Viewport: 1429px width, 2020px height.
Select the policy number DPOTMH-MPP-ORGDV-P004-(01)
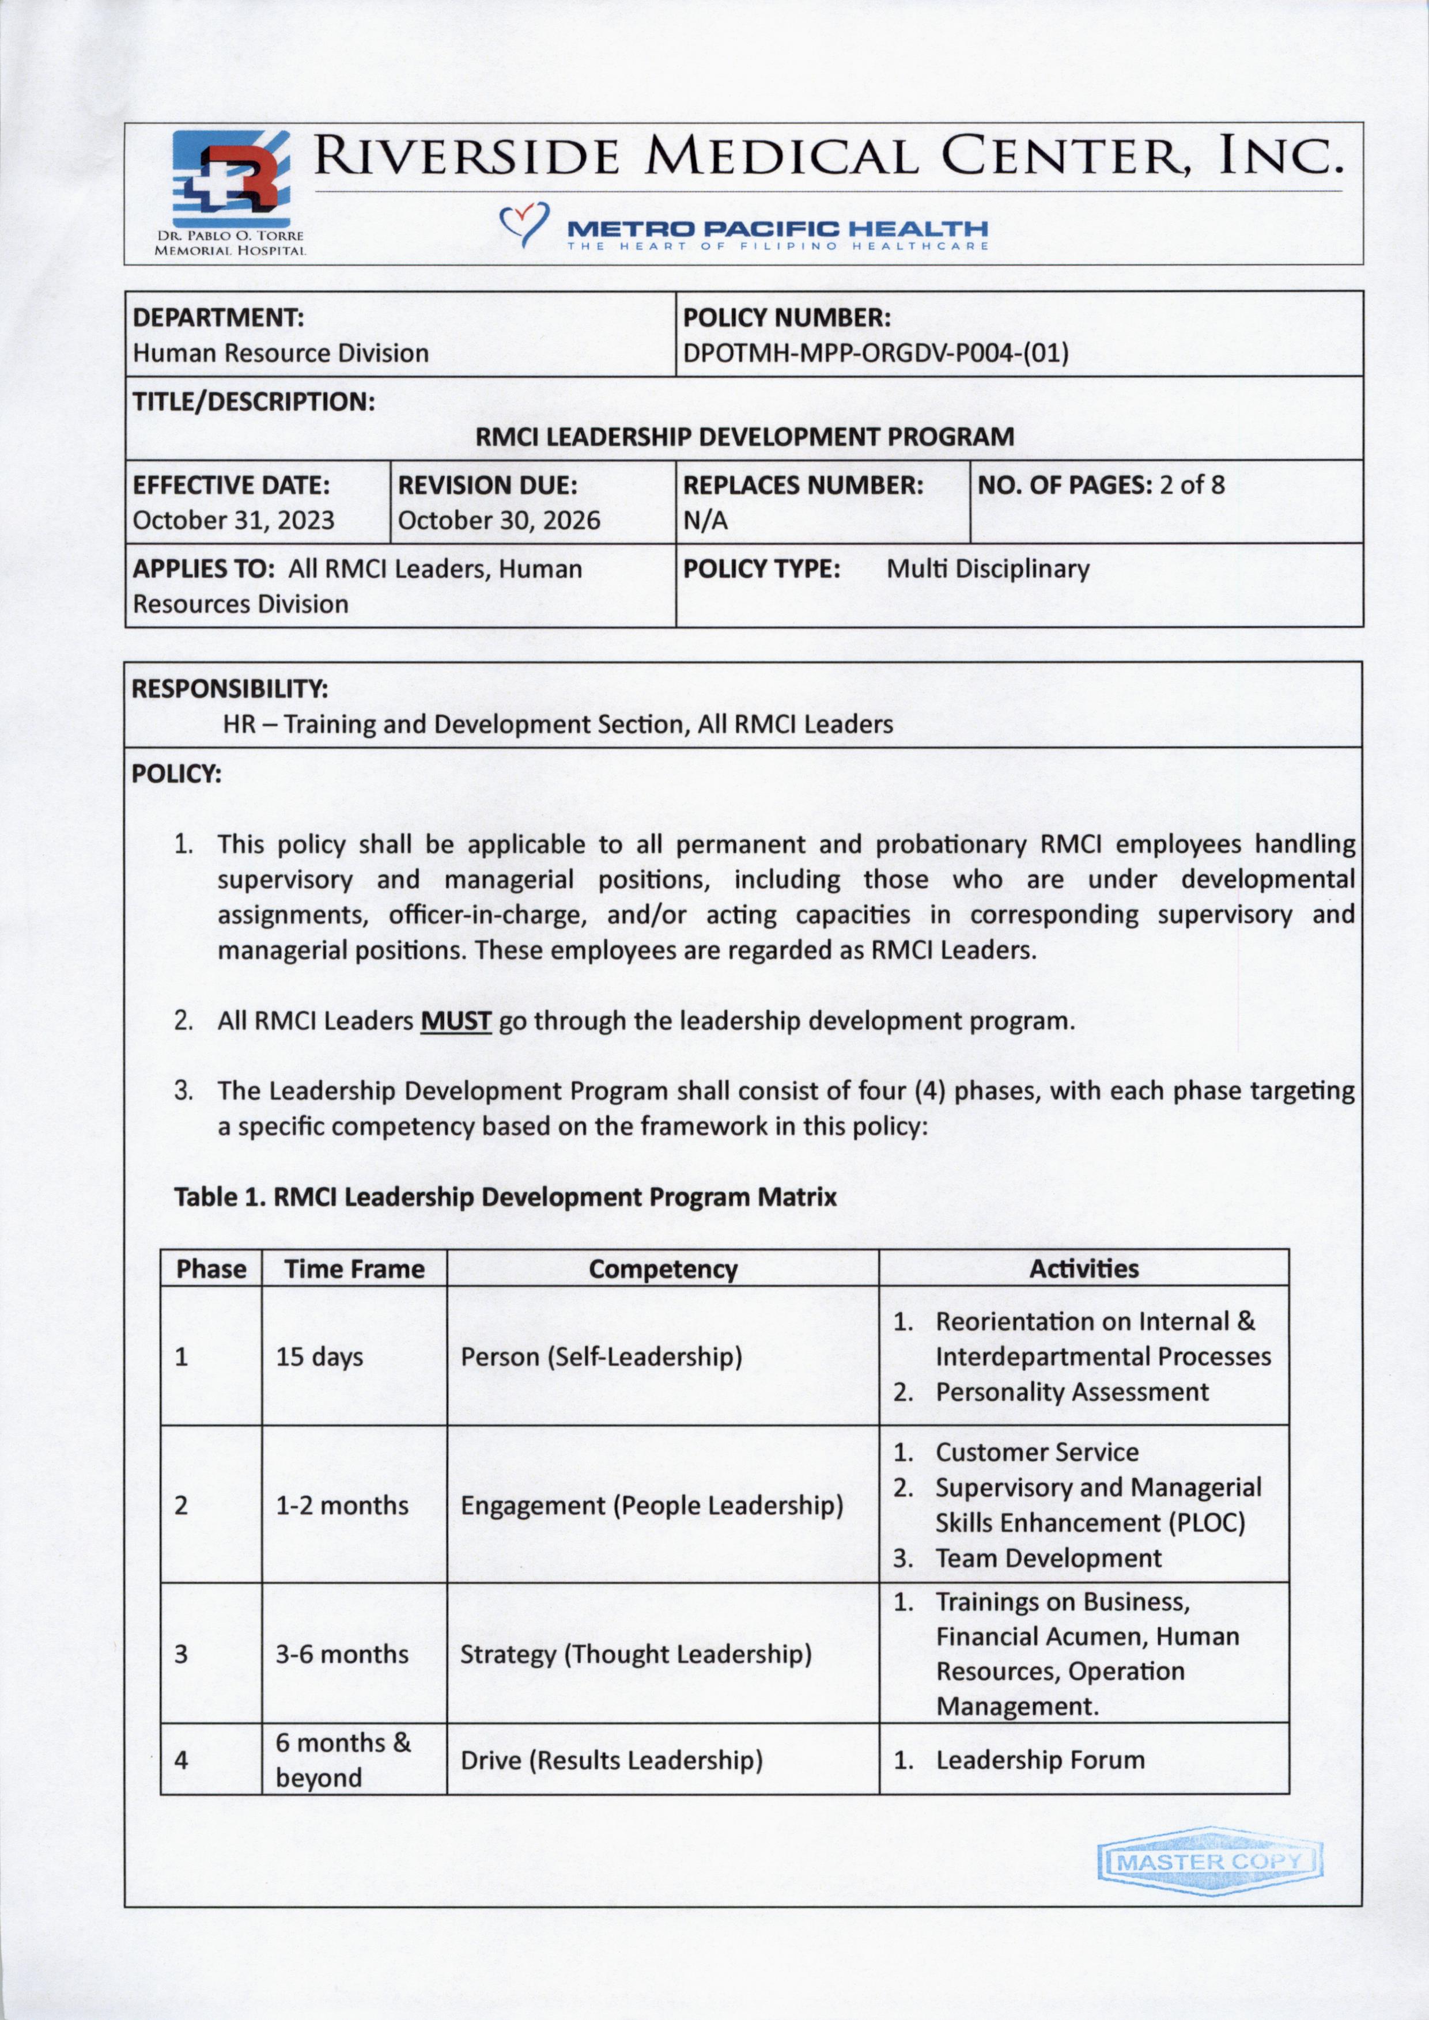click(875, 354)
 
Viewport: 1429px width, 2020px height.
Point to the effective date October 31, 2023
click(233, 520)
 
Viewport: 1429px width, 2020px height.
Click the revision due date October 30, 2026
click(499, 520)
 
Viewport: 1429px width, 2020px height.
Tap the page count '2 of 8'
click(1192, 485)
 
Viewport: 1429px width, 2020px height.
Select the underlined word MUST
click(455, 1021)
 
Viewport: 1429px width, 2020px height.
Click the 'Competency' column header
click(663, 1269)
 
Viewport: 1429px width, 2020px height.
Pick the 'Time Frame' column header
click(354, 1269)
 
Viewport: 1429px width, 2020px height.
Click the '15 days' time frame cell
click(319, 1356)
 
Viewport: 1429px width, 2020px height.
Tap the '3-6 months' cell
click(342, 1654)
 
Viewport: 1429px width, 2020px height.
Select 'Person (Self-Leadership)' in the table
click(601, 1356)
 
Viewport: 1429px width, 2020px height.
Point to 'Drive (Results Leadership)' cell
click(611, 1760)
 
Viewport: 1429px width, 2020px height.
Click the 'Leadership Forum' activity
click(1040, 1760)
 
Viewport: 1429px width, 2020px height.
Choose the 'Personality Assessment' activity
click(1072, 1392)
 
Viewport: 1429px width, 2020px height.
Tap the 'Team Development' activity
click(1048, 1558)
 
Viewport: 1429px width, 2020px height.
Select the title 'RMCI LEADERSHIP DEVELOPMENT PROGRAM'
click(744, 437)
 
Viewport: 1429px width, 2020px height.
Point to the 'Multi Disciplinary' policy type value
click(987, 569)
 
